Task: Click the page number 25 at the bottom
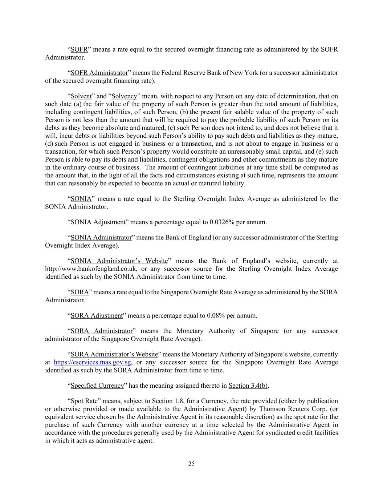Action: coord(191,464)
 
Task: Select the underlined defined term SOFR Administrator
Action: coord(99,73)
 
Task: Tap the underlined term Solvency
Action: coord(124,96)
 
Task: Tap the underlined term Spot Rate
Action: coord(84,401)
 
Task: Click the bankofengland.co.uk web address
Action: coord(91,269)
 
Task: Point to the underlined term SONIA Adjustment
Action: coord(98,222)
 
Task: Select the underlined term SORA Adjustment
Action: coord(97,315)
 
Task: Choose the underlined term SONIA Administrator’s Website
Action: coord(119,261)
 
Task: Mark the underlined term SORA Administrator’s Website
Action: coord(114,354)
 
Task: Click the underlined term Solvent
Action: coord(81,96)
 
